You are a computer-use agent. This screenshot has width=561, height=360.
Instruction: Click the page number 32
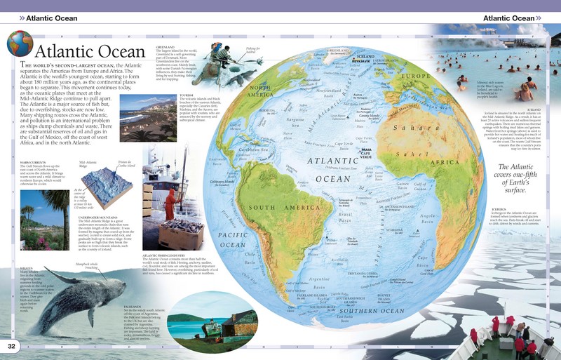[x=11, y=346]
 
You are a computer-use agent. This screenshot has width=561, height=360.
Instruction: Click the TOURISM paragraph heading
[x=186, y=94]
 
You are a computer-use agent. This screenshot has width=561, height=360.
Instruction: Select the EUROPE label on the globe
[x=420, y=76]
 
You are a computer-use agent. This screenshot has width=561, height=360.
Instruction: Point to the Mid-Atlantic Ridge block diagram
[x=105, y=175]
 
